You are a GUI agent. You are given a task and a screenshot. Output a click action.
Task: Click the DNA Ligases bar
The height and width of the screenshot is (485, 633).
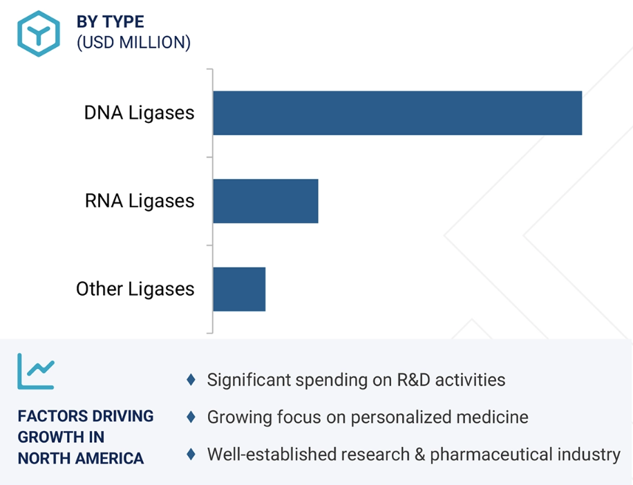[x=397, y=113]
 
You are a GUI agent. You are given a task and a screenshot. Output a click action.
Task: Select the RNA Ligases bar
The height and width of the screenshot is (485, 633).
[x=265, y=201]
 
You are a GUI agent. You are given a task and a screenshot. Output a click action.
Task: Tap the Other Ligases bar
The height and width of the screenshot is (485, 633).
[x=239, y=289]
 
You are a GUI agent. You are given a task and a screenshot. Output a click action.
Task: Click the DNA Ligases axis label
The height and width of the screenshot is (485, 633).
[x=139, y=113]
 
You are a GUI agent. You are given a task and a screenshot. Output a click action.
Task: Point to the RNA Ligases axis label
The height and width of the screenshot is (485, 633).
[x=140, y=201]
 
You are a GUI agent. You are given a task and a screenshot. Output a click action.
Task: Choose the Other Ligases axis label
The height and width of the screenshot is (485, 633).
[x=135, y=289]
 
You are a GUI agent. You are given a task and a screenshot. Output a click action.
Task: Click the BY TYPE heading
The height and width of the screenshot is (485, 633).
[x=111, y=22]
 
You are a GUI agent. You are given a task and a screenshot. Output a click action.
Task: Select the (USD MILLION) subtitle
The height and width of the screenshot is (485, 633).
[x=133, y=42]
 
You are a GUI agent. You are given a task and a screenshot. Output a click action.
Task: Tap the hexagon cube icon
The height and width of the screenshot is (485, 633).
[x=39, y=33]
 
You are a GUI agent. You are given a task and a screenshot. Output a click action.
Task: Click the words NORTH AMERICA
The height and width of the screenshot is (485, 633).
[x=81, y=458]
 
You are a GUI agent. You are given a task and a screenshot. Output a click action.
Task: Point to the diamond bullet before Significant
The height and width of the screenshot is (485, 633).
[x=191, y=379]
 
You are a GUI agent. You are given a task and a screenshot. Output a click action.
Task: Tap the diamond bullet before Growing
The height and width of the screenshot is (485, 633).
[x=191, y=417]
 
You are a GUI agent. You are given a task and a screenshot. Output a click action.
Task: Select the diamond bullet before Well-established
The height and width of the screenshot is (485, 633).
[x=191, y=455]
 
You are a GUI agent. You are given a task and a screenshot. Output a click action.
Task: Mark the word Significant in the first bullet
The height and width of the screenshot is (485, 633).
[x=246, y=379]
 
